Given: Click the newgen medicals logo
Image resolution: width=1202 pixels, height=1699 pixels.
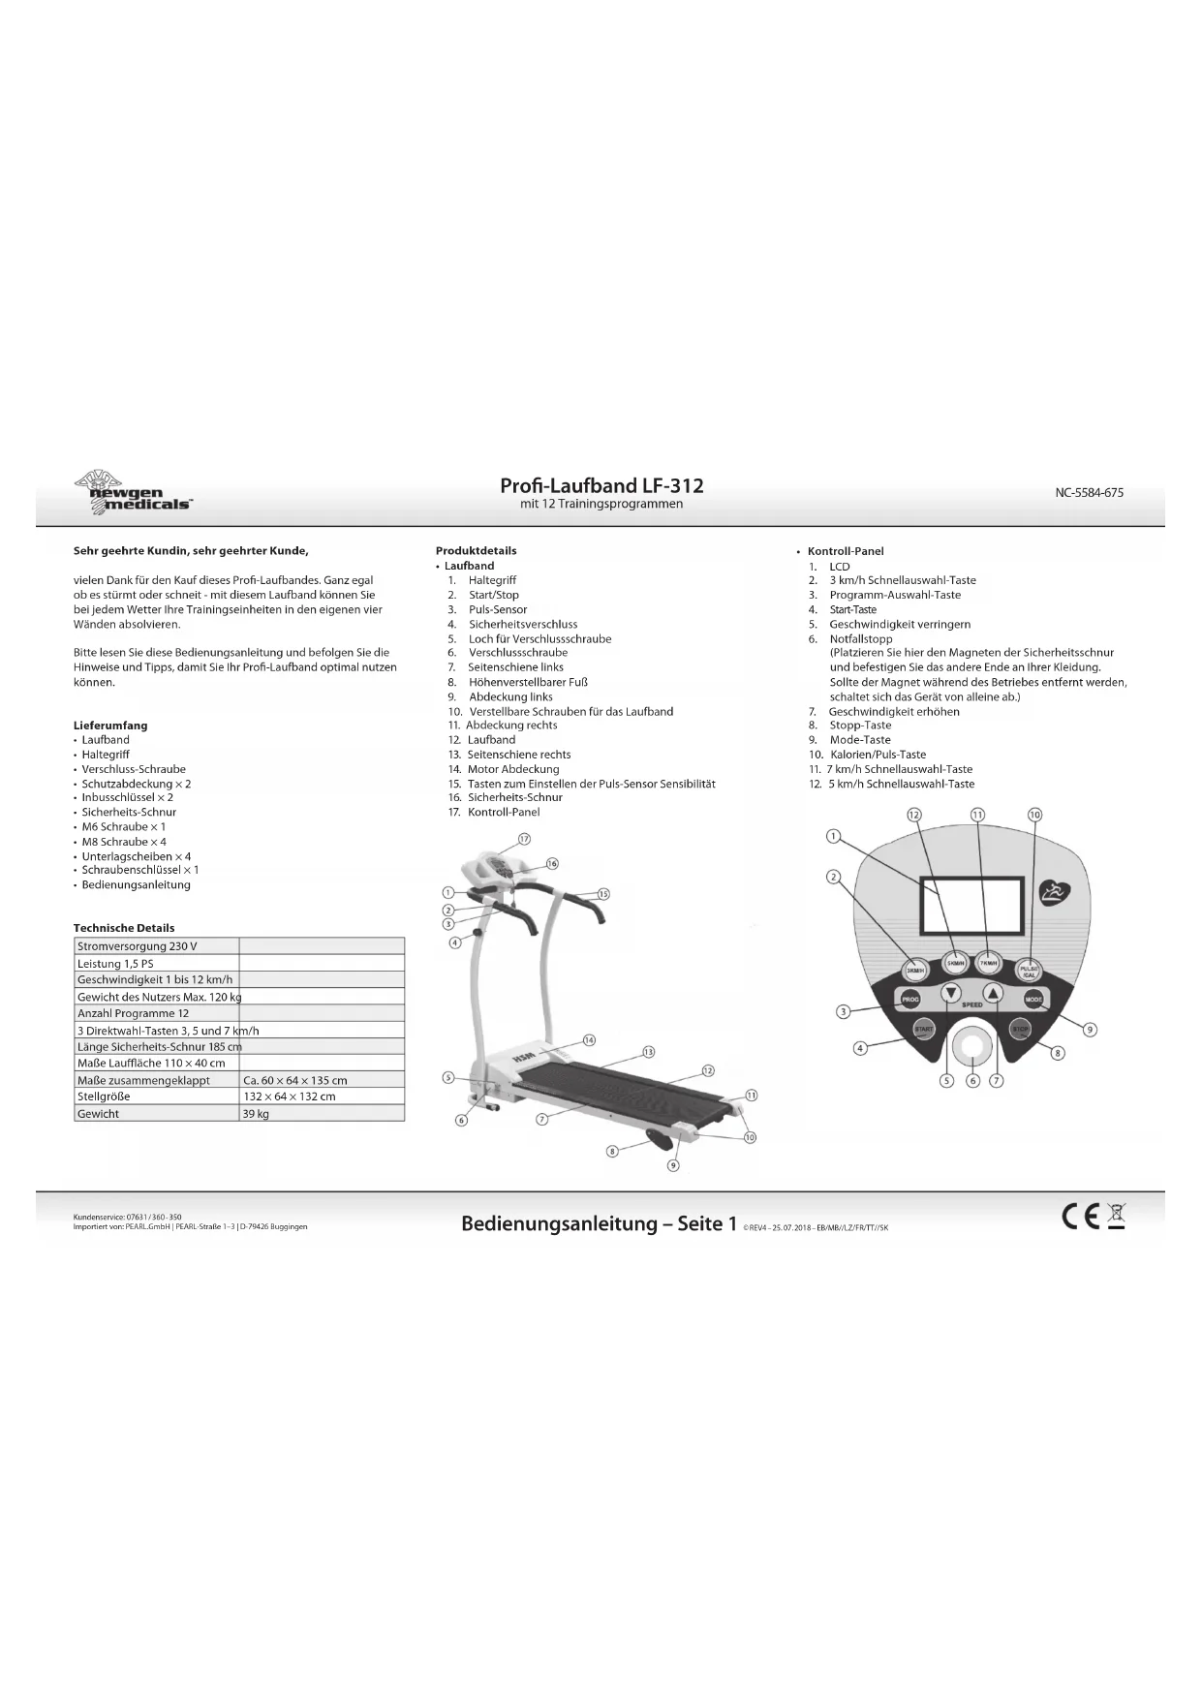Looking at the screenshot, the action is [x=133, y=492].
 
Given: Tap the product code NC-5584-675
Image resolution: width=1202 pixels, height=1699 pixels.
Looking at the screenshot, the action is [x=1089, y=492].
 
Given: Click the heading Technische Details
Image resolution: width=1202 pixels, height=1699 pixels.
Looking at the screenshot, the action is [x=124, y=928].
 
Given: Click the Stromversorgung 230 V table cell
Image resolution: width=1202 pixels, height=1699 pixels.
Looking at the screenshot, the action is [x=156, y=946].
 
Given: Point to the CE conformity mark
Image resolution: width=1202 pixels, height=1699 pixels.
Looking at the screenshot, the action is [x=1081, y=1217].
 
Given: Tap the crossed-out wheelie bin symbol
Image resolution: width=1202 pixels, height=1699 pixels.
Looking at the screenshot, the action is [x=1116, y=1216].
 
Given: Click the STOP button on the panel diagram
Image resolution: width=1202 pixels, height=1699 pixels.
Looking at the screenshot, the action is [x=1020, y=1029].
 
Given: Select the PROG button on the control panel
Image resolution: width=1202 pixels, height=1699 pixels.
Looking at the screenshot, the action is [x=910, y=999].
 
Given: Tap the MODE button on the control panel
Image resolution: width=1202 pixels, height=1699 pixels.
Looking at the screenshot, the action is [x=1033, y=999].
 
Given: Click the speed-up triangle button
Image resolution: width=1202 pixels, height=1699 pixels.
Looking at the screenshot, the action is [x=993, y=993].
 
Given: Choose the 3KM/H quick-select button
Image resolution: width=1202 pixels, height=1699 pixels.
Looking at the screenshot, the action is [x=913, y=971].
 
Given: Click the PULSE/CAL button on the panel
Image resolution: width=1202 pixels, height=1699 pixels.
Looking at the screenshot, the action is [x=1029, y=971].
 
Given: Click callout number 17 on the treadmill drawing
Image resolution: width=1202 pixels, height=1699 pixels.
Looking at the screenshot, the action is [x=525, y=839].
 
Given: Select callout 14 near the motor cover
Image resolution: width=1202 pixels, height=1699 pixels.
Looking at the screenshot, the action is [x=589, y=1039].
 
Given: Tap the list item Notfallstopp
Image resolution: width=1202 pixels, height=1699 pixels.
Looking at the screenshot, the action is [x=860, y=639].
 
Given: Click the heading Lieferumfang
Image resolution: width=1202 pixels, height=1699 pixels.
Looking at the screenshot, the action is [x=110, y=726].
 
